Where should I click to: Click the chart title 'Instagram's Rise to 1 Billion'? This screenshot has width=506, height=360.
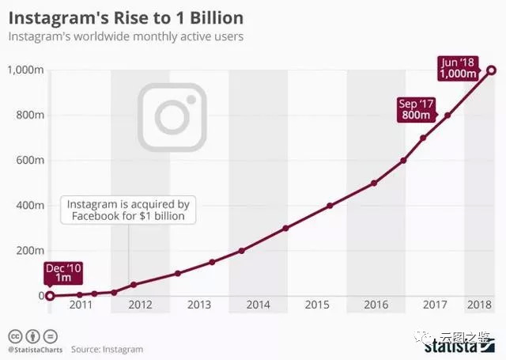[126, 17]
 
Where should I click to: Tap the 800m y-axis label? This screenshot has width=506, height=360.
[28, 115]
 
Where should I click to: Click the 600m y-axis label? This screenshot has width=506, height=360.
[28, 160]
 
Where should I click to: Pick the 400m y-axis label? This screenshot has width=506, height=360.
[28, 205]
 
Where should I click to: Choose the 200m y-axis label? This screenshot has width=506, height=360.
[28, 250]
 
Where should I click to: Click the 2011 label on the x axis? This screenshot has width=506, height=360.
[81, 305]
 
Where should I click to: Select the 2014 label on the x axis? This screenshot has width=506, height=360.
[259, 305]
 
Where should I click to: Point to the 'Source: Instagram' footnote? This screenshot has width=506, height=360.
[107, 349]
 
